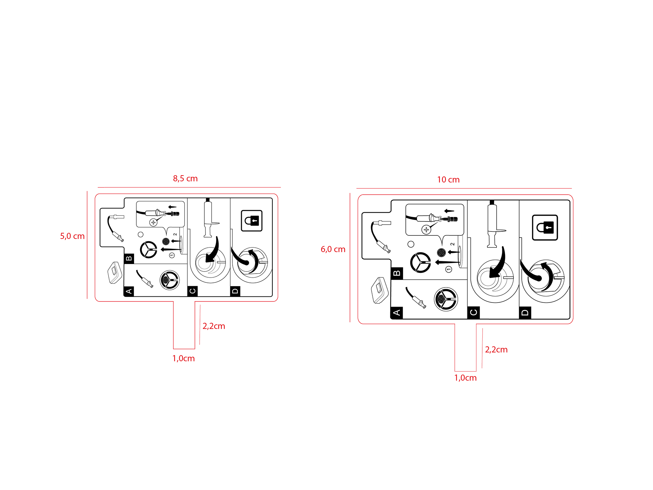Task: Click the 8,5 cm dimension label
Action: pos(185,179)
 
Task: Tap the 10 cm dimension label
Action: pos(448,180)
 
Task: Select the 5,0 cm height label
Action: pos(72,236)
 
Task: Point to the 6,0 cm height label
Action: pos(333,249)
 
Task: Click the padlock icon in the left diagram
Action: pos(252,221)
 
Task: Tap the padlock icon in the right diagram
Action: pos(545,228)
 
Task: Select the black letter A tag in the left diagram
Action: pos(129,291)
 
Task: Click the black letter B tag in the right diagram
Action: pos(397,273)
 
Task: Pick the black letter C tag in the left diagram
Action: pos(192,291)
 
